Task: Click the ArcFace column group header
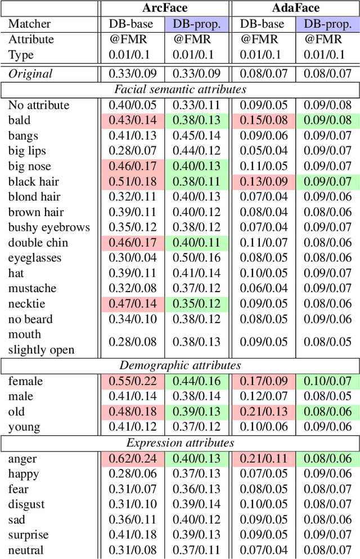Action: coord(164,8)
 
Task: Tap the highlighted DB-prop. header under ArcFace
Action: coord(197,24)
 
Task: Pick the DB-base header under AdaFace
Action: coord(263,24)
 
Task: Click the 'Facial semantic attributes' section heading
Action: coord(181,90)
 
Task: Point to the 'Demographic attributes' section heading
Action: coord(181,365)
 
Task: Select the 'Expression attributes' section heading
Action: coord(181,443)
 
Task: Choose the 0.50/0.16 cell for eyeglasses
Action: coord(197,258)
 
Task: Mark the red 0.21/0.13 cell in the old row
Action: coord(263,412)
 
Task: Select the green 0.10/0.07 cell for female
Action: coord(327,381)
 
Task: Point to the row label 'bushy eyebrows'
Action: coord(49,227)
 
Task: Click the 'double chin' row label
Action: coord(38,243)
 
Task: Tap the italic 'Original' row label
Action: coord(30,73)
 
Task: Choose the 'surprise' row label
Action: coord(28,535)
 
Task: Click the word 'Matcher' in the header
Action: coord(29,24)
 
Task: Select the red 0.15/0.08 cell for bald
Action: coord(263,120)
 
